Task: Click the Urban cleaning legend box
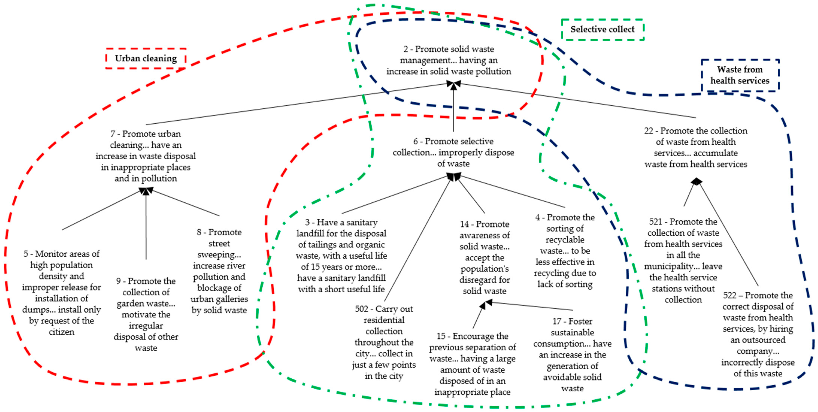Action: click(146, 58)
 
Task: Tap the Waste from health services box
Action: click(740, 75)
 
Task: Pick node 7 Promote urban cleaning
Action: click(146, 156)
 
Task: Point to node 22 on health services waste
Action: click(696, 147)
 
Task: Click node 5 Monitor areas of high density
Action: click(61, 293)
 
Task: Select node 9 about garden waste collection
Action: click(146, 314)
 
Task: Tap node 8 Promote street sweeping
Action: click(219, 271)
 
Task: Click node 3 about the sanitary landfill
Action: click(341, 255)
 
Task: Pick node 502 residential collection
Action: click(384, 342)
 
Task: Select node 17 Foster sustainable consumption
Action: click(572, 355)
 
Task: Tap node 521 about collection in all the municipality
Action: click(683, 260)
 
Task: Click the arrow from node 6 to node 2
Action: click(453, 108)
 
